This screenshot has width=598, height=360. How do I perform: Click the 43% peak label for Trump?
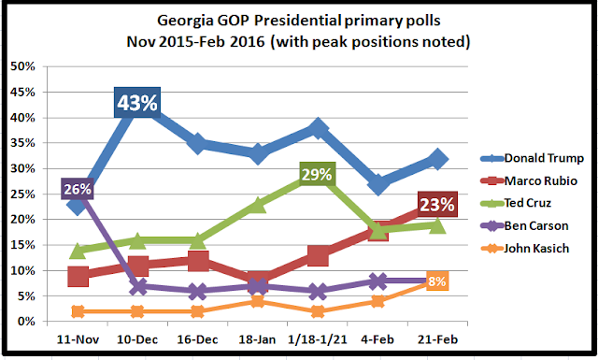[x=137, y=102]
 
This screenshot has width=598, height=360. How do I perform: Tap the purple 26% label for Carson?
[x=78, y=189]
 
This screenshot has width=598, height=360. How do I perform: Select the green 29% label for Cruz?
[x=317, y=175]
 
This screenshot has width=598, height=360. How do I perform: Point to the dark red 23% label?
[x=437, y=204]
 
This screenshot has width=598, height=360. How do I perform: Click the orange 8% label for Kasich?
[x=437, y=281]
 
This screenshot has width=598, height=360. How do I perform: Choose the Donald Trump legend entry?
[x=532, y=158]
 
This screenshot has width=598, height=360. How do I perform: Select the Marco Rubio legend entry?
[x=529, y=180]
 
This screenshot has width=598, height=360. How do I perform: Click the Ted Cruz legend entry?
[x=516, y=203]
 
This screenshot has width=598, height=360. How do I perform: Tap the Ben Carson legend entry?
[x=524, y=225]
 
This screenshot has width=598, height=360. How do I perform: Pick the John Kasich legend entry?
[x=525, y=249]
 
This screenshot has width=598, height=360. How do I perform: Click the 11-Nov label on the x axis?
[x=78, y=339]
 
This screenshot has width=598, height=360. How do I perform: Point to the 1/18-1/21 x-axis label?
[x=318, y=339]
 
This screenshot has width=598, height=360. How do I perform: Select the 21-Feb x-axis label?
[x=437, y=339]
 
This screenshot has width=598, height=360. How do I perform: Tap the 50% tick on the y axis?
[x=22, y=66]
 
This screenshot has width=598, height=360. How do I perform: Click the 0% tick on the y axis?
[x=26, y=322]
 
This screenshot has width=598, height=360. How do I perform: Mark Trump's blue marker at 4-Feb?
[x=377, y=185]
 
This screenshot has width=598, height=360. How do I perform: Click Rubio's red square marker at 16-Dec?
[x=198, y=261]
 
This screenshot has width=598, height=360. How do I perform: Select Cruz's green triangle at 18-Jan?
[x=258, y=205]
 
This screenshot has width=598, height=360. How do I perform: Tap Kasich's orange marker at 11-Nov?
[x=78, y=311]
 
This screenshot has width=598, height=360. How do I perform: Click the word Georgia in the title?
[x=185, y=22]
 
